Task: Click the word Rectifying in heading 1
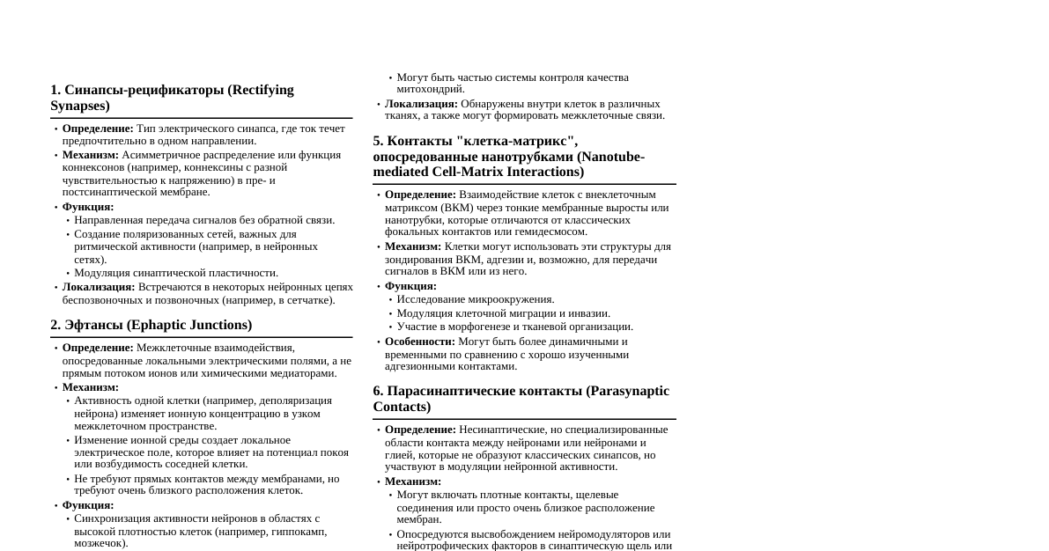click(x=262, y=90)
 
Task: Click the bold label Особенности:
click(x=419, y=342)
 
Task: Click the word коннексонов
click(x=92, y=167)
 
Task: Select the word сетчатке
click(x=307, y=300)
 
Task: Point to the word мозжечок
click(x=100, y=544)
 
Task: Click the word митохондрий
click(x=431, y=89)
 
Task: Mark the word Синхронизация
click(x=114, y=518)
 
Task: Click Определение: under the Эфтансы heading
click(x=98, y=348)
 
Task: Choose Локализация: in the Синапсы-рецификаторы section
click(x=99, y=287)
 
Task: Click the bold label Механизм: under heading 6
click(x=412, y=481)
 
